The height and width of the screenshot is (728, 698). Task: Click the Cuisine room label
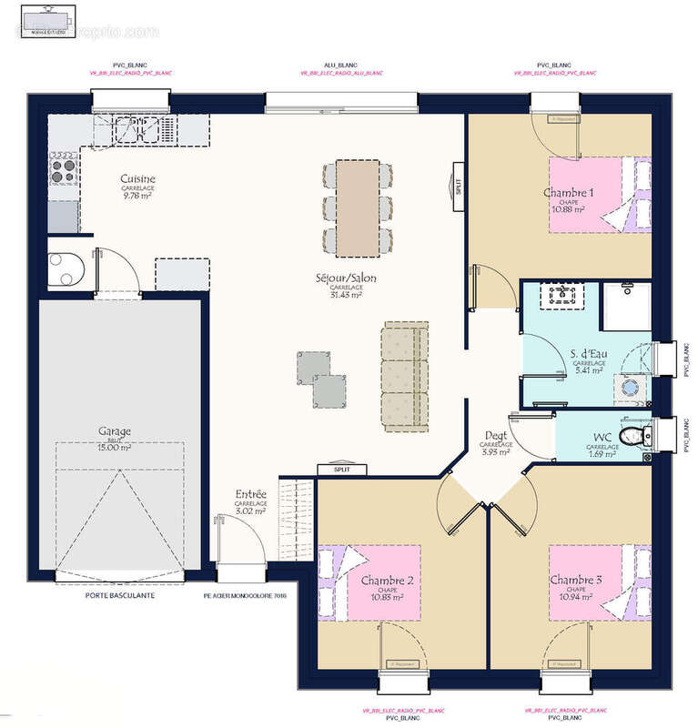click(x=138, y=179)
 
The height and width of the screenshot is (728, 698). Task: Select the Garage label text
click(x=116, y=431)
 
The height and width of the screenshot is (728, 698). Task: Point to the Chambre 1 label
click(x=568, y=193)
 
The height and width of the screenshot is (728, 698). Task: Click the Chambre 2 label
click(x=388, y=581)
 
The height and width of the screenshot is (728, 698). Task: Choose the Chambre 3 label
click(x=575, y=581)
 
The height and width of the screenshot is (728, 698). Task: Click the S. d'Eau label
click(x=590, y=354)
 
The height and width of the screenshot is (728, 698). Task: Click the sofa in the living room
click(x=404, y=376)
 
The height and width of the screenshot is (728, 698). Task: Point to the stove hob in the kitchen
click(x=63, y=167)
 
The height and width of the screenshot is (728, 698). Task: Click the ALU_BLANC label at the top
click(x=340, y=66)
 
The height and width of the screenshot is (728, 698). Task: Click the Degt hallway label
click(x=497, y=435)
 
